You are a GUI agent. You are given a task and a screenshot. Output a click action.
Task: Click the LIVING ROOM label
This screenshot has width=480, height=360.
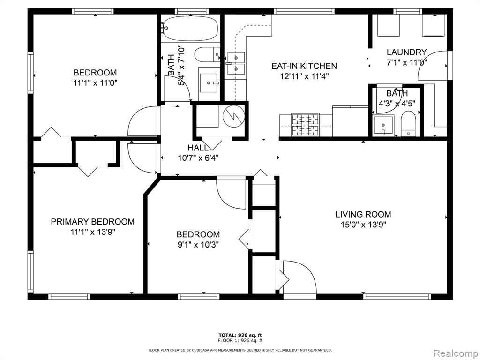(x=363, y=214)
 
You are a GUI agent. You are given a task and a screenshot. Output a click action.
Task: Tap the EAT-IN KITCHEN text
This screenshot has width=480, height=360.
(x=304, y=66)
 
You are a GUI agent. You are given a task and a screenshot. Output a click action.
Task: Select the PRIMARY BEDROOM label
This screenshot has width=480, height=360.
(x=92, y=222)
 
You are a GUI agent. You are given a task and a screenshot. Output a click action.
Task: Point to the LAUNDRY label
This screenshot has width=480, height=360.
(x=406, y=52)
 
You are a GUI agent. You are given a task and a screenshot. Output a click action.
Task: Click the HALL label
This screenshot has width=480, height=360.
(x=198, y=148)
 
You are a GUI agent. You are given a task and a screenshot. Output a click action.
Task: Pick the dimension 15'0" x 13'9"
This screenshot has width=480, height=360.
(x=363, y=225)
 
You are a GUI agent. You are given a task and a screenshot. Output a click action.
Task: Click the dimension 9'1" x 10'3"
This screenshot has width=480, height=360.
(x=198, y=245)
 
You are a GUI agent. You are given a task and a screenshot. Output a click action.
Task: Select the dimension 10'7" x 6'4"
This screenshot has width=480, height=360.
(x=198, y=158)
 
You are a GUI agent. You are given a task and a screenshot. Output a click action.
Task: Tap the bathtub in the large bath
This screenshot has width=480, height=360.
(x=190, y=29)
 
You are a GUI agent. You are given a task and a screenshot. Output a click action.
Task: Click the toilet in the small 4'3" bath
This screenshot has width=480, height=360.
(x=408, y=124)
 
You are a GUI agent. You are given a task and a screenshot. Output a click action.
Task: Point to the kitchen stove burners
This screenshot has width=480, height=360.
(x=305, y=125)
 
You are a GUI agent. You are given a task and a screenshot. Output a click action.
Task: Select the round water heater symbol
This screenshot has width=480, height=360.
(x=233, y=116)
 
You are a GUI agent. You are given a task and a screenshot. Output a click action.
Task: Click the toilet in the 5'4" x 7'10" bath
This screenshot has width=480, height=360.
(x=207, y=54)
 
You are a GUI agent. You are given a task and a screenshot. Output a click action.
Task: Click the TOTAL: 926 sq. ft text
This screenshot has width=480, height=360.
(x=240, y=335)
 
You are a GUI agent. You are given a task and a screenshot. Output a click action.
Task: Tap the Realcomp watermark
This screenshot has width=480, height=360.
(x=455, y=353)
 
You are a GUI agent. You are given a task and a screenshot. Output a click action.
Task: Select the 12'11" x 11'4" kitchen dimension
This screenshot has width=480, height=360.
(x=304, y=76)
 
